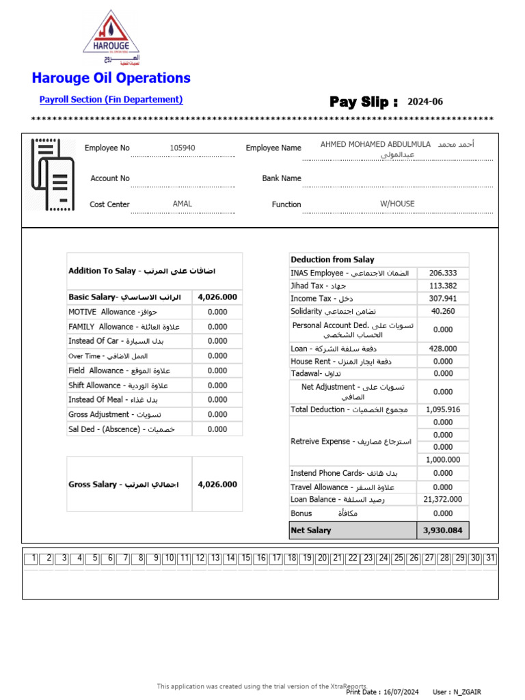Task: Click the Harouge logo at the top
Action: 111,38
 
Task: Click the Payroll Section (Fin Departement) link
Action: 111,100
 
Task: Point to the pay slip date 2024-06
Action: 425,102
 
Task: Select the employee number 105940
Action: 183,148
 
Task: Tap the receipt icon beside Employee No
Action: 52,175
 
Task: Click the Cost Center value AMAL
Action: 183,204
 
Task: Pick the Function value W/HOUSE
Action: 397,204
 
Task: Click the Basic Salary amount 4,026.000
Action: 217,297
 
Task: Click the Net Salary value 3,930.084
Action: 443,530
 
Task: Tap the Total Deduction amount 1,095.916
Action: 443,409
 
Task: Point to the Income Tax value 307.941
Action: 443,299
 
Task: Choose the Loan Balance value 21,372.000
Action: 443,500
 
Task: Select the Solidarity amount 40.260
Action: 443,311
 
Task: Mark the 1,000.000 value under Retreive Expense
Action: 443,460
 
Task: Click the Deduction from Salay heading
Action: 333,260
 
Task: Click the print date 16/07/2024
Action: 401,692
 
